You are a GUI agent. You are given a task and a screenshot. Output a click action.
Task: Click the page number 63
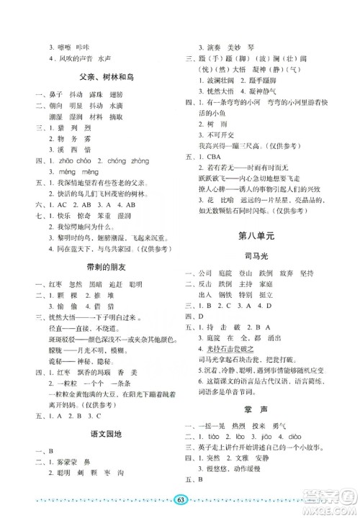pyautogui.click(x=179, y=500)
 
